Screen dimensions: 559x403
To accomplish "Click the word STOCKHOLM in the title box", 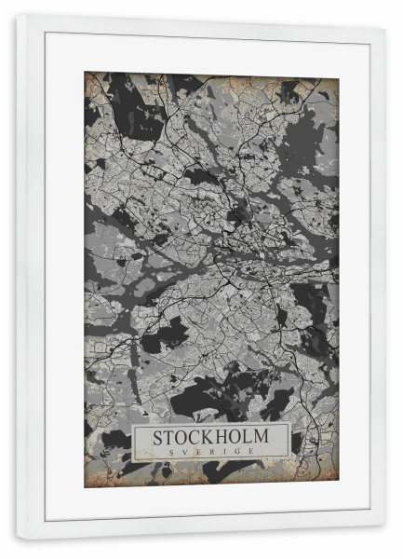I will pos(210,436).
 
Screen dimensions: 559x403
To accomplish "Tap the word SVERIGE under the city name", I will pos(210,451).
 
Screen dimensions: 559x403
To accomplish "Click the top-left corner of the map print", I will pos(84,72).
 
